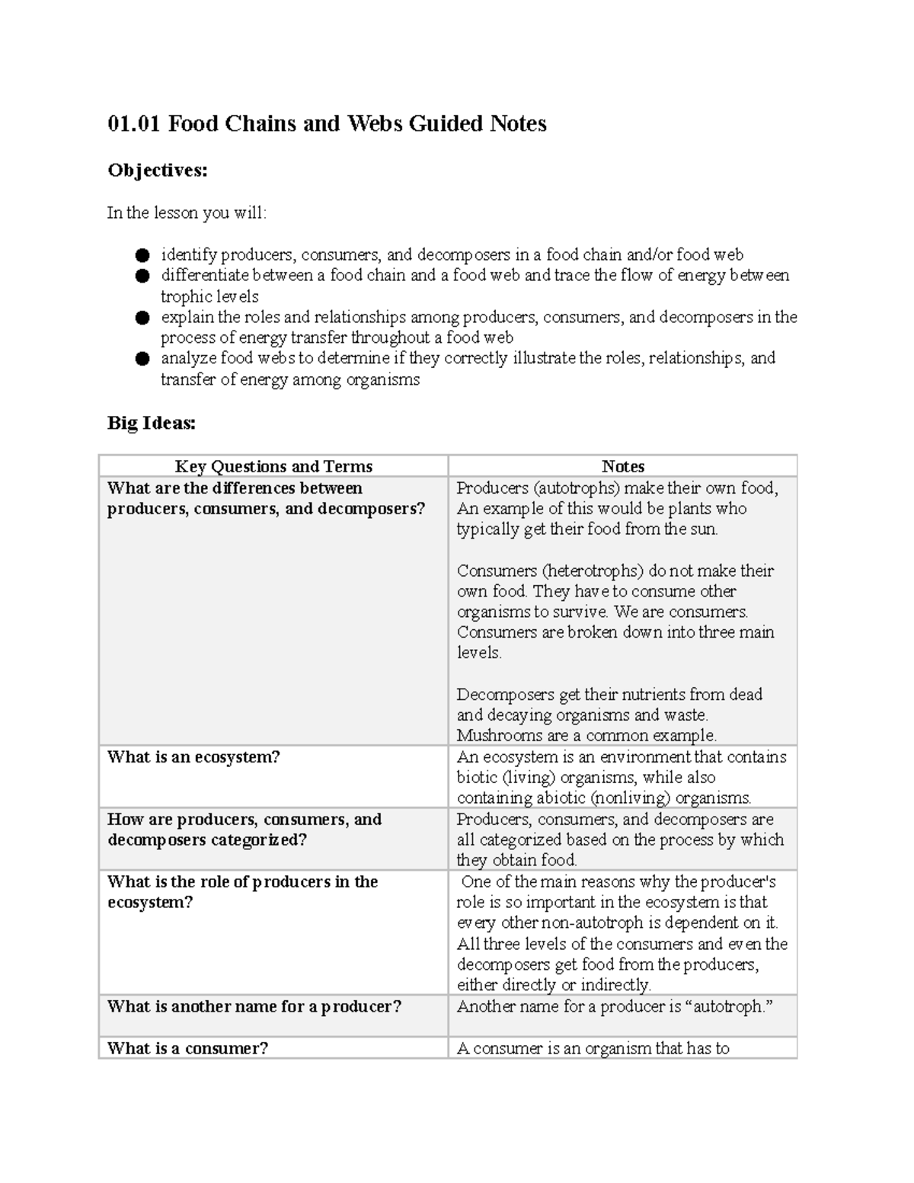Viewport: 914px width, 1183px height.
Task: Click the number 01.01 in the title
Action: pyautogui.click(x=134, y=123)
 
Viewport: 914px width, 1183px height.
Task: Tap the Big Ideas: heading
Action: pyautogui.click(x=152, y=423)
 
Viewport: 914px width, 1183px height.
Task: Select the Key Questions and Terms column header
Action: pyautogui.click(x=273, y=466)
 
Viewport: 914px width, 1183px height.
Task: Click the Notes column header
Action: pyautogui.click(x=622, y=466)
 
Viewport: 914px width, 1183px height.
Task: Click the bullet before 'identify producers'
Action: pyautogui.click(x=142, y=255)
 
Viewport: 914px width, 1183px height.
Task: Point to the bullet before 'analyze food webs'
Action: pyautogui.click(x=142, y=359)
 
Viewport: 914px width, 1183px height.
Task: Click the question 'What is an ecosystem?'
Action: pyautogui.click(x=193, y=756)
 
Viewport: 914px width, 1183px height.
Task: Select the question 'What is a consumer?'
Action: pyautogui.click(x=187, y=1048)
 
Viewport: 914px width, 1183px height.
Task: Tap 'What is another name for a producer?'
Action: pyautogui.click(x=254, y=1006)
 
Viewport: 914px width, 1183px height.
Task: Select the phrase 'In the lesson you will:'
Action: pyautogui.click(x=187, y=213)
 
